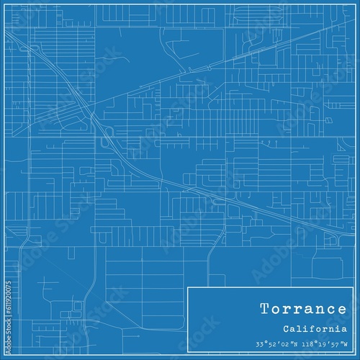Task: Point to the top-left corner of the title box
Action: pyautogui.click(x=187, y=287)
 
